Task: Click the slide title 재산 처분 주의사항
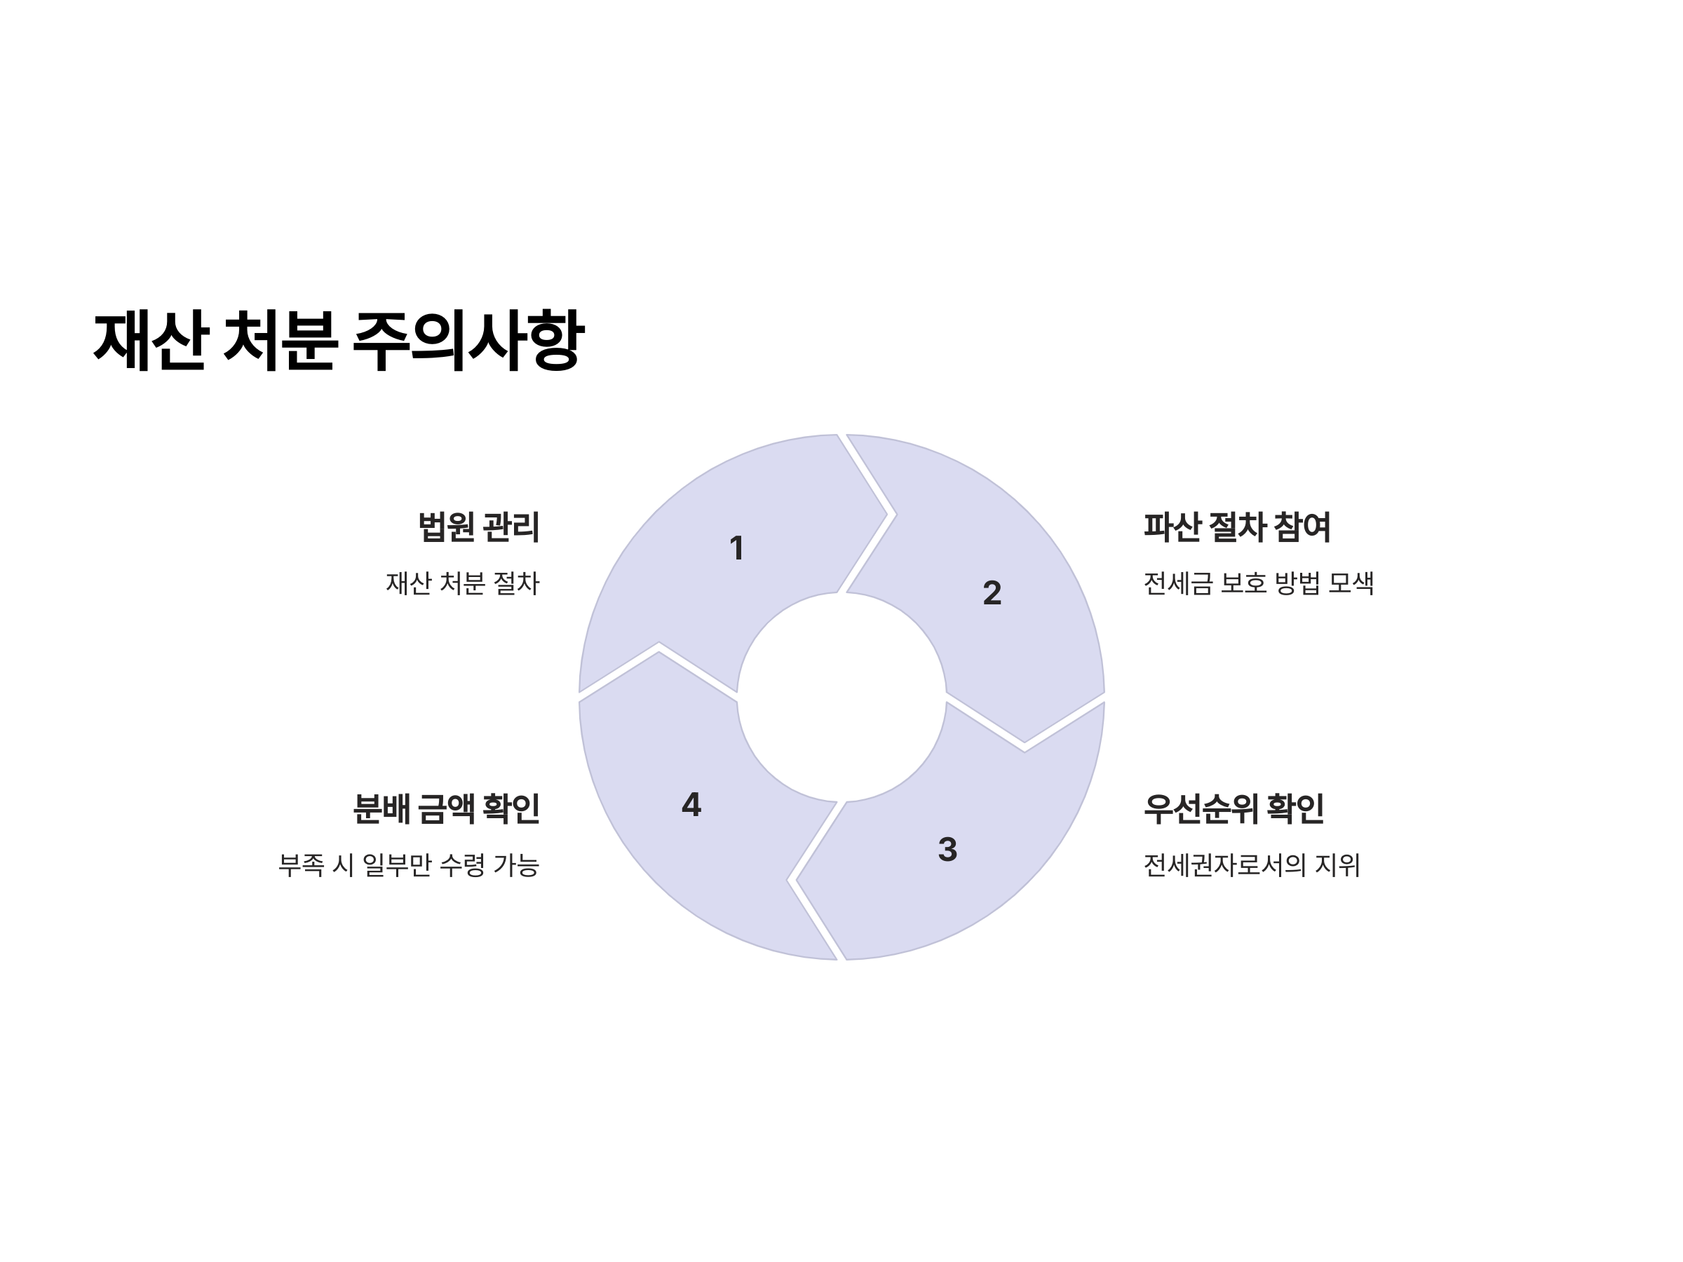coord(339,340)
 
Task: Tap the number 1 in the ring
coord(736,548)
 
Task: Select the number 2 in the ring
coord(992,593)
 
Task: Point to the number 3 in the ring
coord(947,850)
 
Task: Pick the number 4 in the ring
coord(691,805)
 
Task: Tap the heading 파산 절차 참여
coord(1236,527)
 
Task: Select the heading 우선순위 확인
coord(1233,808)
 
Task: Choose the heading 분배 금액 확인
coord(447,808)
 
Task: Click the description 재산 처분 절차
coord(463,583)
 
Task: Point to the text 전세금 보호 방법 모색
coord(1257,583)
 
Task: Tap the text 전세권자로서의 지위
coord(1251,865)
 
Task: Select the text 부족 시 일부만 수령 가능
coord(410,865)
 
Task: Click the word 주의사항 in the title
coord(468,340)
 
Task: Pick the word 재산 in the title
coord(150,340)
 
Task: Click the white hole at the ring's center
coord(841,697)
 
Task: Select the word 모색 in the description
coord(1351,583)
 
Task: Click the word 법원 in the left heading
coord(447,527)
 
